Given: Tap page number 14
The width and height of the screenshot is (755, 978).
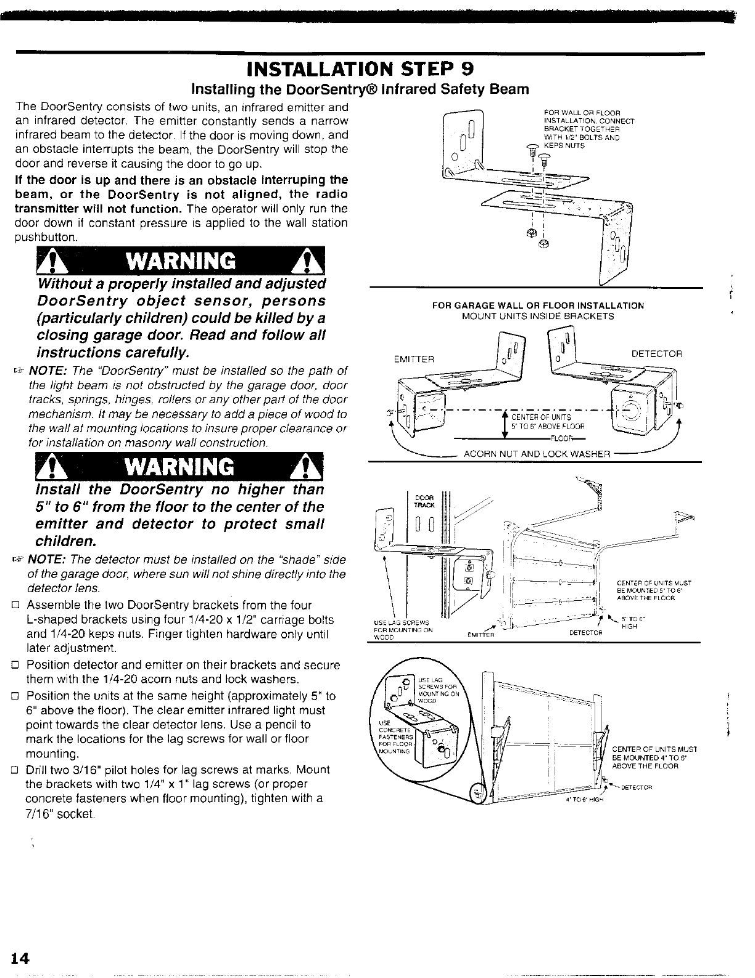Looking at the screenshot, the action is pyautogui.click(x=20, y=958).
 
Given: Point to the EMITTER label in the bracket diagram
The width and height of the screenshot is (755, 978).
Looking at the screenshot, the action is pyautogui.click(x=415, y=359).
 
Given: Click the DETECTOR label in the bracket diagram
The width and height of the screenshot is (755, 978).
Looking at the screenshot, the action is pyautogui.click(x=657, y=354).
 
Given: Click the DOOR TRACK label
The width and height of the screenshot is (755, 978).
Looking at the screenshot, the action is pyautogui.click(x=425, y=501).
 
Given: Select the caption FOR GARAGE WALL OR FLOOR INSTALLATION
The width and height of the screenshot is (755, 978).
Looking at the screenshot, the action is pyautogui.click(x=538, y=306).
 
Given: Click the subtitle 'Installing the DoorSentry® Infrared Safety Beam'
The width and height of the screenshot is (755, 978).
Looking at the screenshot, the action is pyautogui.click(x=360, y=89).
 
